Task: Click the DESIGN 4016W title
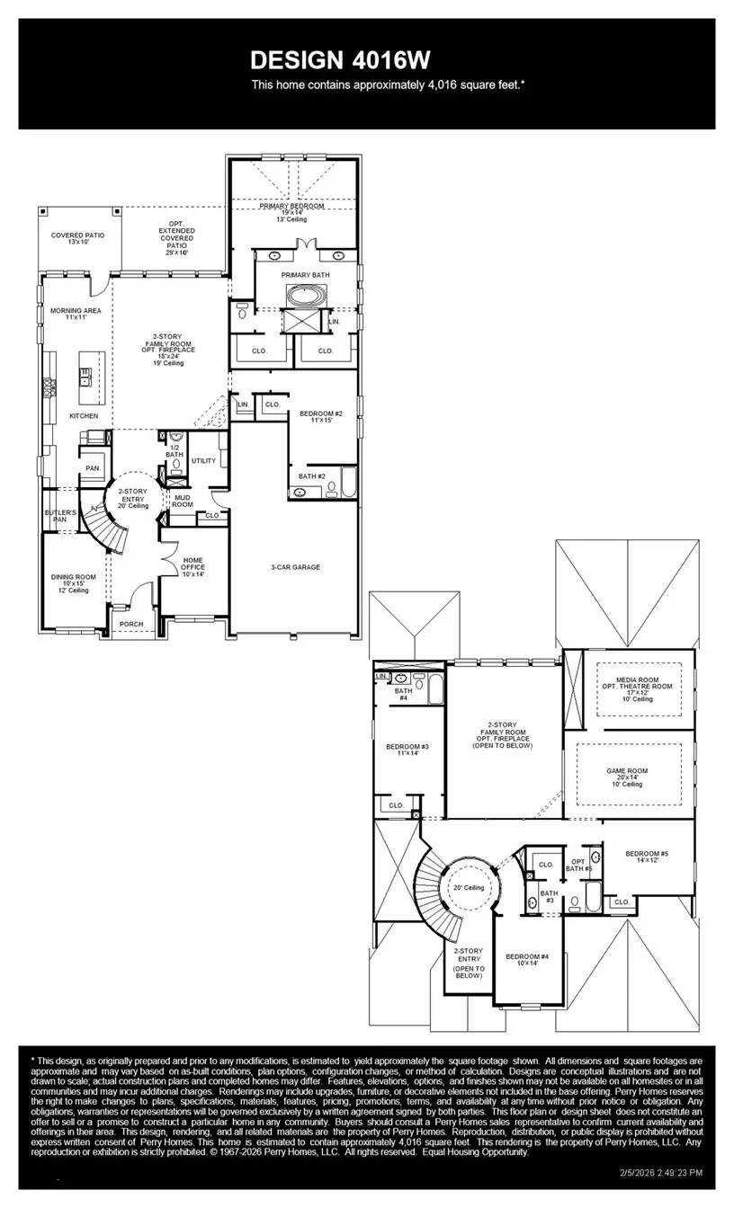[x=340, y=60]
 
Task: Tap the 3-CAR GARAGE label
[x=296, y=567]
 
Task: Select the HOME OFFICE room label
[x=192, y=567]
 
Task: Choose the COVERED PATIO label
[x=77, y=238]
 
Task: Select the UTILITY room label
[x=204, y=461]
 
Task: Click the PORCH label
[x=131, y=624]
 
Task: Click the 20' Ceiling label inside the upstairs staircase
[x=469, y=888]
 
